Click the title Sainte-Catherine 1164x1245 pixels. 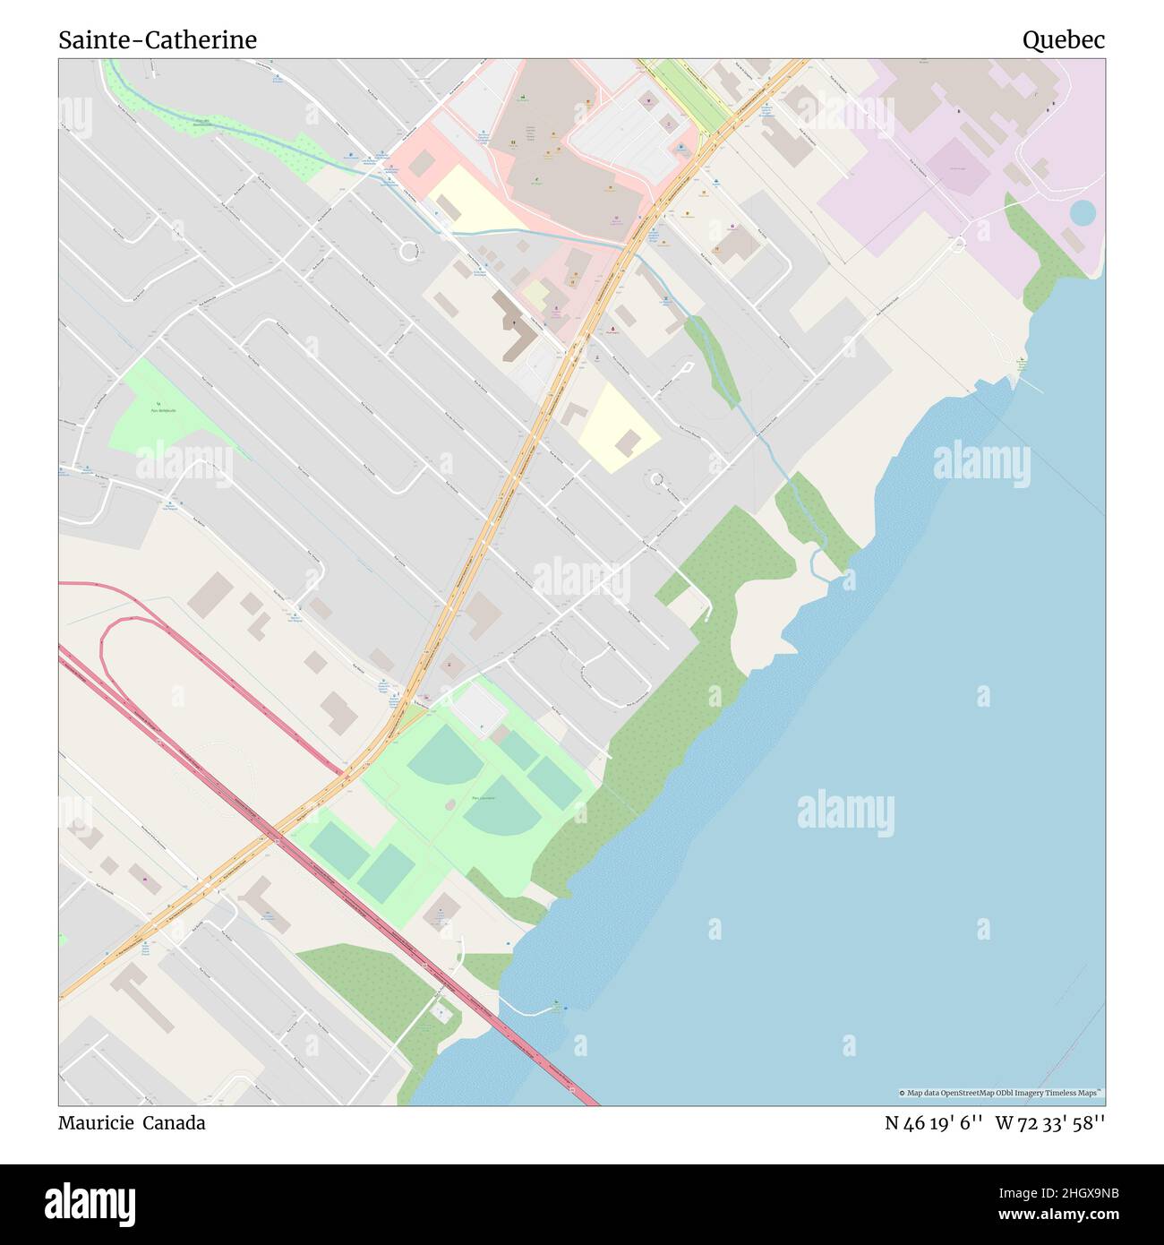158,39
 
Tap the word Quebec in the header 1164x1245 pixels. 1063,39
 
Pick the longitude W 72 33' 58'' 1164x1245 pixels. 1049,1123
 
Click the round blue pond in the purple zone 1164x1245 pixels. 1082,213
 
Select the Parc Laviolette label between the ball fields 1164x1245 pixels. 484,796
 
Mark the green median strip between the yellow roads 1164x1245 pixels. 694,94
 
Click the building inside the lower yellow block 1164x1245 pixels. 628,442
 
